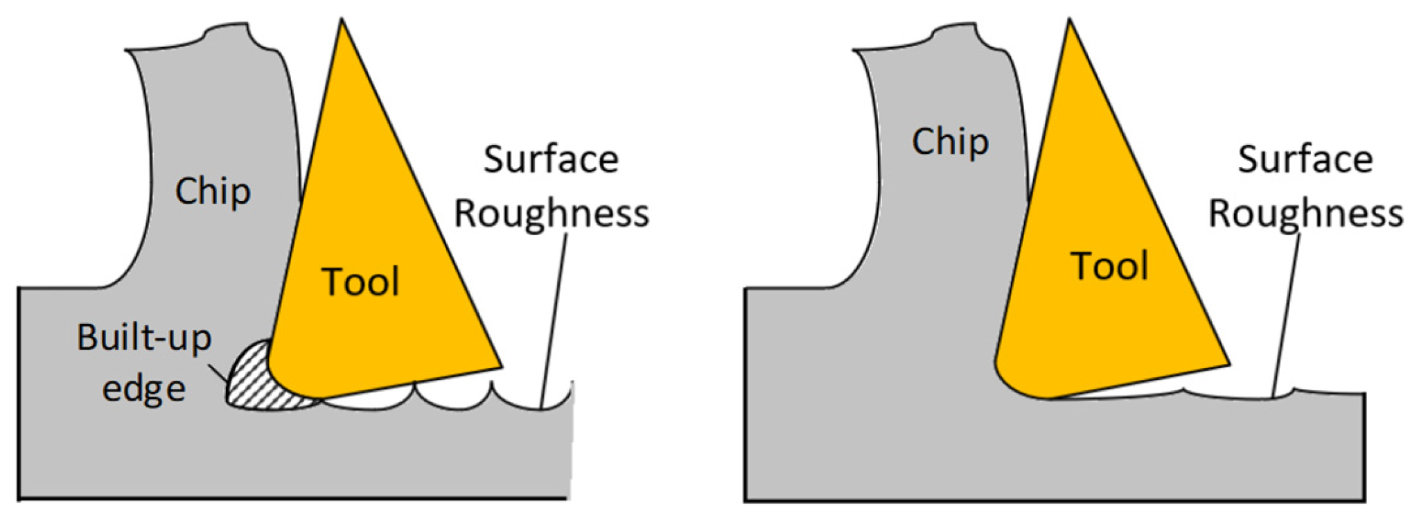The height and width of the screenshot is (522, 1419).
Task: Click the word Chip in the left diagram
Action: [213, 191]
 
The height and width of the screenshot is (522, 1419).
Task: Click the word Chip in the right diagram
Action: [950, 142]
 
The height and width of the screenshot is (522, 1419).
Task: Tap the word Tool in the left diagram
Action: [360, 282]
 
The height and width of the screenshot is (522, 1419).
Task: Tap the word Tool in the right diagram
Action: [1109, 266]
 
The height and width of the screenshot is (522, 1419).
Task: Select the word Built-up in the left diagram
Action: [144, 338]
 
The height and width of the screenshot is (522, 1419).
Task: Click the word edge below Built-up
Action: [144, 389]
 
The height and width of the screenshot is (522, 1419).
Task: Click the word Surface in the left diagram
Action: [551, 159]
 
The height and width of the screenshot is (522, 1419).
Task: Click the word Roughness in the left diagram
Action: [552, 213]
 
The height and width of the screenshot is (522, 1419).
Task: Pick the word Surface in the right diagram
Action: [1305, 159]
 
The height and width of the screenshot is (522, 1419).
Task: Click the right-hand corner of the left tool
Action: [500, 365]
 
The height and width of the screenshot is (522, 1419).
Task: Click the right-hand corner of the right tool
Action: [1228, 364]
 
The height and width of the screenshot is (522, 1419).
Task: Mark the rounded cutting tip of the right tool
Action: [1012, 385]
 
